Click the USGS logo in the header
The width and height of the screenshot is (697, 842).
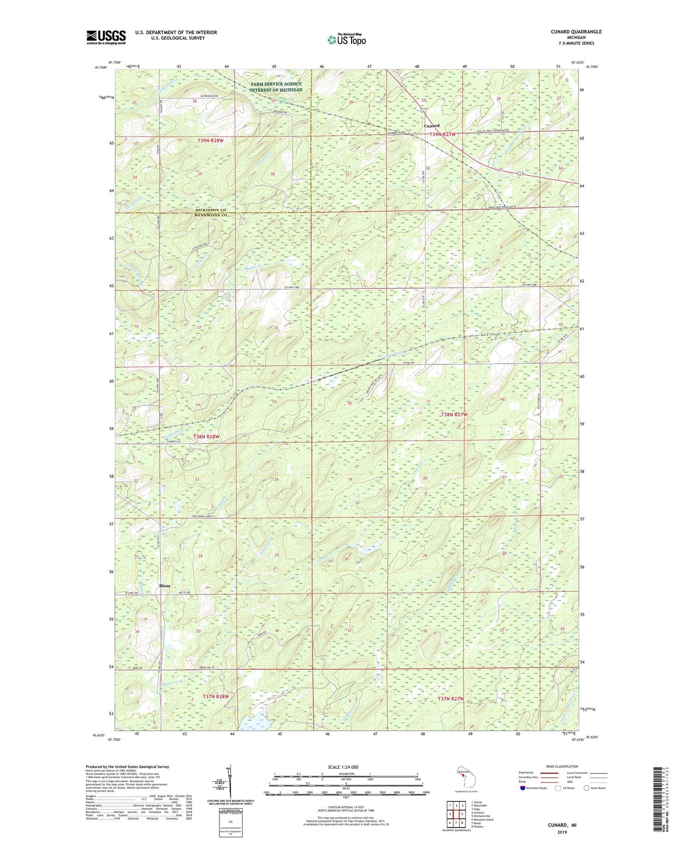pos(106,37)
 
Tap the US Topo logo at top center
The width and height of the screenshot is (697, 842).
pos(346,40)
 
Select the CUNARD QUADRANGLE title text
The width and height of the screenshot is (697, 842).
pos(576,32)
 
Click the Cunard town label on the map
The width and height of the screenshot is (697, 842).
pos(431,126)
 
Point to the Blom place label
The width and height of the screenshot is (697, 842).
pos(164,586)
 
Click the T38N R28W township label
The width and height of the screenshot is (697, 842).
pos(206,436)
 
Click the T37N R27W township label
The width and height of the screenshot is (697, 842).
pos(451,699)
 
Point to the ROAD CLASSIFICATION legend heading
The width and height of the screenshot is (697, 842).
pos(561,766)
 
